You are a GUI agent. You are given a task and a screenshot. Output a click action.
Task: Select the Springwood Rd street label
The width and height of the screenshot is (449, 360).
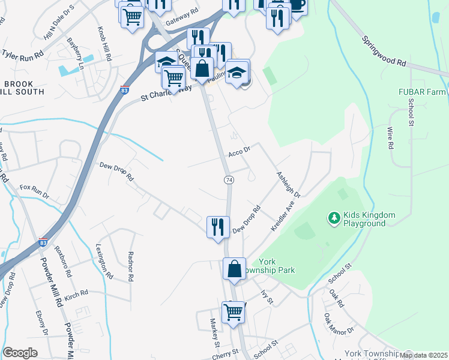384,50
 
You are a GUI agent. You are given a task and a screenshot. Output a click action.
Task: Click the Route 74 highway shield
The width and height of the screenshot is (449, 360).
228,180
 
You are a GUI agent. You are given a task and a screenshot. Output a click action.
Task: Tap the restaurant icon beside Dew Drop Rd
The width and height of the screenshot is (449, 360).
216,226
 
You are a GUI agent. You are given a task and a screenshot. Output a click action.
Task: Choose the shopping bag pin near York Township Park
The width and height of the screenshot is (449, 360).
234,268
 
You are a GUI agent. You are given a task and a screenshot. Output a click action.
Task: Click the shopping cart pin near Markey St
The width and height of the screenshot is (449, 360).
233,311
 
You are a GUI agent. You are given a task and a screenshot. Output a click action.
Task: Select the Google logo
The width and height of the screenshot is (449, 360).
20,353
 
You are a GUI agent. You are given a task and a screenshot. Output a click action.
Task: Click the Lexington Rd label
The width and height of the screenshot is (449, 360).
104,261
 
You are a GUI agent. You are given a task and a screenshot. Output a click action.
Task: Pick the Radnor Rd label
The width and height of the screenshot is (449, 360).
130,266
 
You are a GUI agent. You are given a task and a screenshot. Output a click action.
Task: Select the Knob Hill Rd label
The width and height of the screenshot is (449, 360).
104,44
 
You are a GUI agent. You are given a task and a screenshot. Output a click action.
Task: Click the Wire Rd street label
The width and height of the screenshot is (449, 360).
390,137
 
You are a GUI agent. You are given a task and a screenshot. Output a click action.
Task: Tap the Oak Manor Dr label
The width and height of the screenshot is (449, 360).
339,324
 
